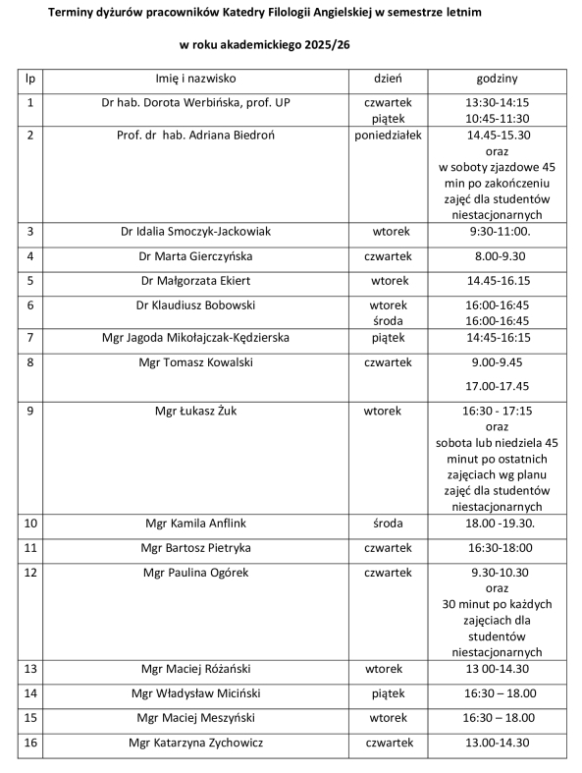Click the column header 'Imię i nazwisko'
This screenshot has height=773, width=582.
coord(196,78)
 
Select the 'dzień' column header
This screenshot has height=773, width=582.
coord(388,78)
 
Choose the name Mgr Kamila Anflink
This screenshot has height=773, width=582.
coord(196,523)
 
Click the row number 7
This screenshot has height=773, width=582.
coord(30,338)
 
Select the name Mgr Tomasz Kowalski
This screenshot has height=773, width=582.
coord(196,362)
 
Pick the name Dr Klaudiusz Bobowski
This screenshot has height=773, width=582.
coord(196,305)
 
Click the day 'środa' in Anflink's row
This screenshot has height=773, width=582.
coord(388,523)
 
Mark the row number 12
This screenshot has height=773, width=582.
coord(30,572)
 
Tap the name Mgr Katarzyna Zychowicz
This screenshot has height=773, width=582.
coord(196,743)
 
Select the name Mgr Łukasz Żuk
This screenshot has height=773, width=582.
coord(196,411)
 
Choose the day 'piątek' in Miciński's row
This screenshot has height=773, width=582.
coord(388,693)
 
